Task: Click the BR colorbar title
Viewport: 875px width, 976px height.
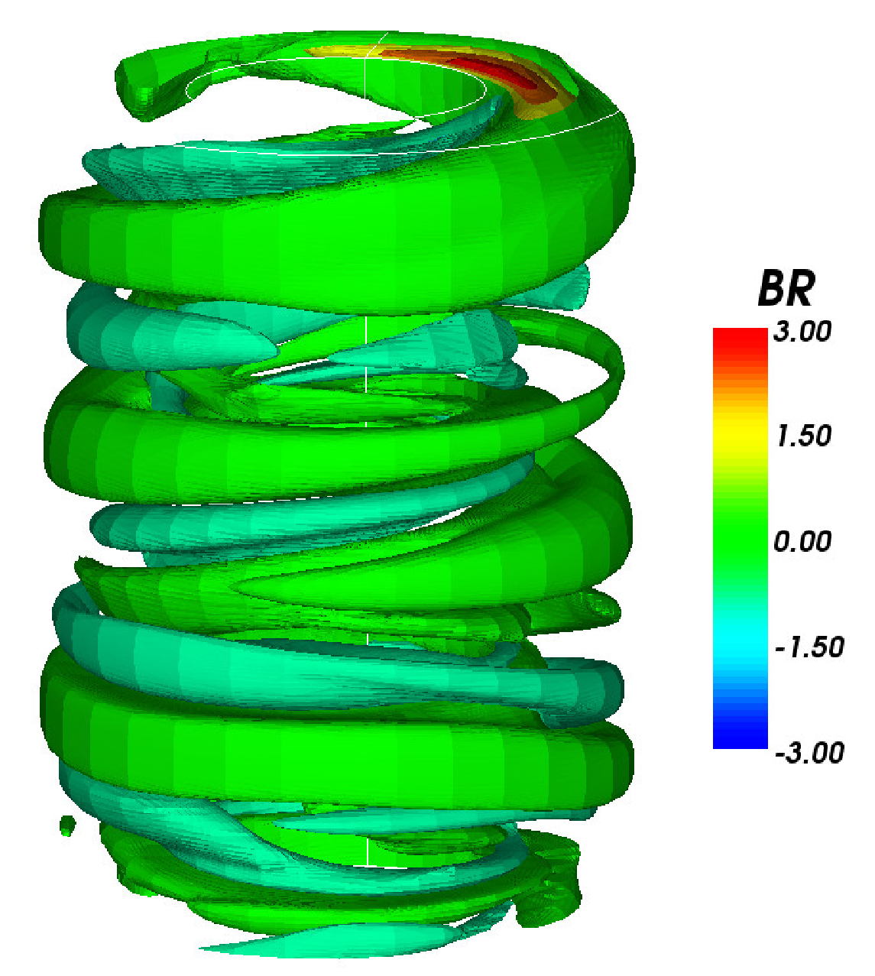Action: [x=786, y=289]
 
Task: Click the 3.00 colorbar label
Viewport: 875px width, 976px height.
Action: [x=802, y=332]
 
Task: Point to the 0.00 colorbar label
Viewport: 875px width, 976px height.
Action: [x=802, y=541]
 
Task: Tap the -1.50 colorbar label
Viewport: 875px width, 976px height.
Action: [x=809, y=647]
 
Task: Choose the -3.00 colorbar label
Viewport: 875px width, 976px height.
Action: [x=809, y=752]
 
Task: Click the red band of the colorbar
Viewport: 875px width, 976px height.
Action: [x=740, y=347]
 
